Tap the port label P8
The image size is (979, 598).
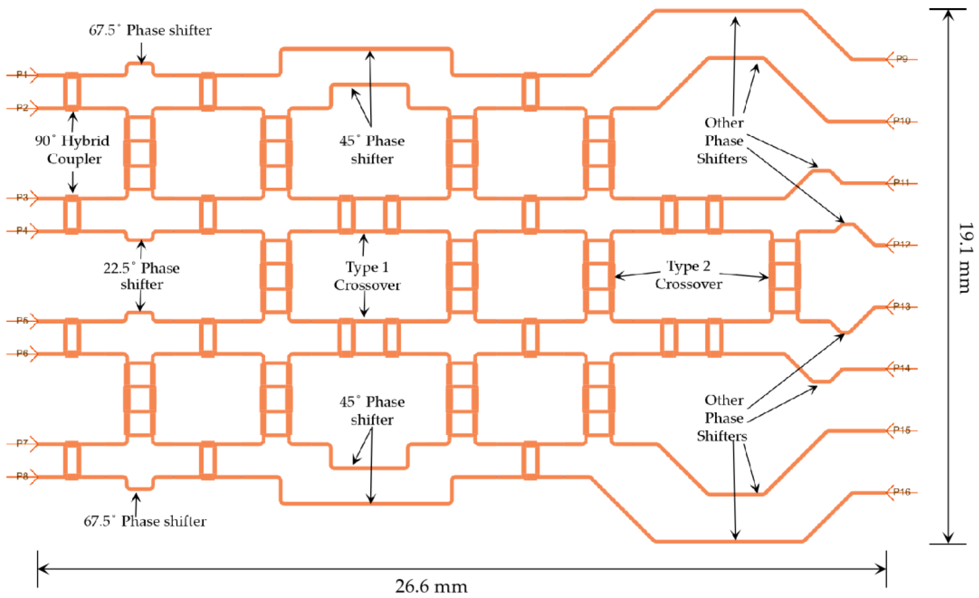pyautogui.click(x=22, y=476)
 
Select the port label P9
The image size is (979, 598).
pyautogui.click(x=902, y=59)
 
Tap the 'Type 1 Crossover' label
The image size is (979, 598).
pyautogui.click(x=367, y=276)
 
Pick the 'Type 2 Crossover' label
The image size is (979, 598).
pyautogui.click(x=688, y=275)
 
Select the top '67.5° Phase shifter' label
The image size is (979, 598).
pyautogui.click(x=150, y=30)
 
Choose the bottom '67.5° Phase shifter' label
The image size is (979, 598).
pyautogui.click(x=145, y=521)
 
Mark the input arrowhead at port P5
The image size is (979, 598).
pyautogui.click(x=34, y=321)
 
